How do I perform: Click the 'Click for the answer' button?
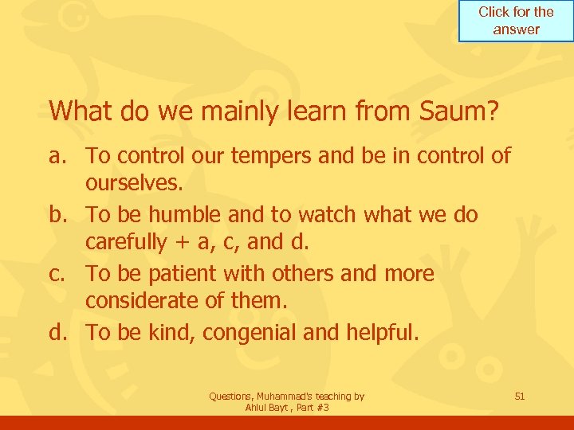(x=516, y=21)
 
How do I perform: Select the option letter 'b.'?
(x=60, y=214)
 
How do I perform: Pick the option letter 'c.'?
(x=60, y=273)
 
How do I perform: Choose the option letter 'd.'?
(x=60, y=332)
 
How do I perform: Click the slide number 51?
(x=519, y=396)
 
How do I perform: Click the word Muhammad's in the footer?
(x=284, y=396)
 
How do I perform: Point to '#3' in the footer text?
(x=322, y=408)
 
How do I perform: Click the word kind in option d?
(x=168, y=332)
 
